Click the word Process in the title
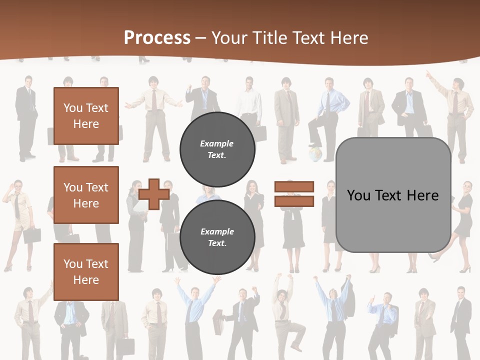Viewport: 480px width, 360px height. (157, 38)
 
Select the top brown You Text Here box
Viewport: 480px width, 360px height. (86, 116)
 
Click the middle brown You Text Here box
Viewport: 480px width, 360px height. (86, 195)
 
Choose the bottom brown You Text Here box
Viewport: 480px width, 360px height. (86, 271)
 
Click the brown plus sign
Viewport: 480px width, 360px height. (154, 194)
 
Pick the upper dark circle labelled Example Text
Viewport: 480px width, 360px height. (217, 149)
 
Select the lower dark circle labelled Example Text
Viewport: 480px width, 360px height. (217, 237)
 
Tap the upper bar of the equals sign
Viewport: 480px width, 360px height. (294, 187)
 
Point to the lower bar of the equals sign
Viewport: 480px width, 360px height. (294, 201)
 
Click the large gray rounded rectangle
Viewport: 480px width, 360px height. (393, 220)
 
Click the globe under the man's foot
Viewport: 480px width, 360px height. (314, 153)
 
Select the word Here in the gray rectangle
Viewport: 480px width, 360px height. (423, 195)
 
